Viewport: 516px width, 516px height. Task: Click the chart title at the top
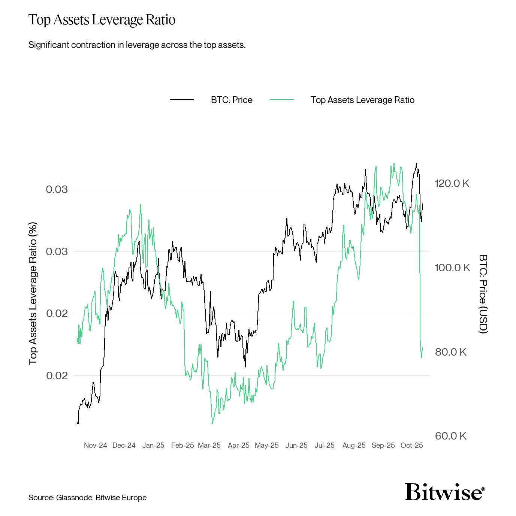click(102, 20)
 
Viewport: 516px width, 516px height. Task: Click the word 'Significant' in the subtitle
click(48, 45)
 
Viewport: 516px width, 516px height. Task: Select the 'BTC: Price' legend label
click(232, 100)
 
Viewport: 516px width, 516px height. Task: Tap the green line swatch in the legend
click(281, 100)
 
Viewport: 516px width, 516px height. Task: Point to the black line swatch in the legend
click(182, 100)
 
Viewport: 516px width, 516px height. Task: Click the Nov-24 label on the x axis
click(95, 445)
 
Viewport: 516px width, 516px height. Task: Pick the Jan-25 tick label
click(153, 445)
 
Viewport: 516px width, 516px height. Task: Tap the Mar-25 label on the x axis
click(209, 445)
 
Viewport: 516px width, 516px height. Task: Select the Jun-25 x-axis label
click(296, 445)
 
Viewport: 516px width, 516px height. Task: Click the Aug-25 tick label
click(354, 445)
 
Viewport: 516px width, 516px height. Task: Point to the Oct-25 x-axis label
click(411, 445)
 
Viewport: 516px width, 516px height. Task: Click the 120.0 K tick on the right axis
click(452, 184)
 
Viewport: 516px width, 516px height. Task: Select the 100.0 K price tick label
click(452, 268)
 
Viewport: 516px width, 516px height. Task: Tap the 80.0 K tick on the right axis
click(450, 352)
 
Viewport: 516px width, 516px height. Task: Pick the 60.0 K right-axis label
click(450, 436)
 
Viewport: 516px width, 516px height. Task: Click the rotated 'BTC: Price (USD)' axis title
click(483, 294)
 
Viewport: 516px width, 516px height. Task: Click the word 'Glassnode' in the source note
click(74, 498)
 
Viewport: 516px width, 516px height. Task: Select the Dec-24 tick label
click(124, 445)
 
